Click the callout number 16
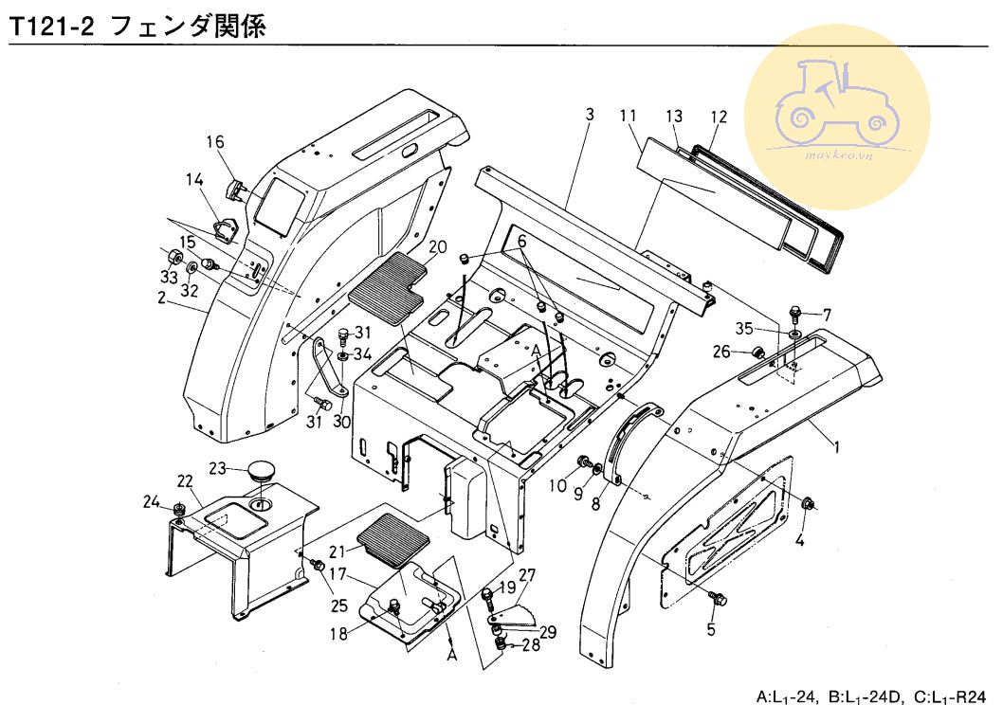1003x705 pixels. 215,142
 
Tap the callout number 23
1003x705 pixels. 217,467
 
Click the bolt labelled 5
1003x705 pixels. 718,598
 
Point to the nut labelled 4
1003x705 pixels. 809,502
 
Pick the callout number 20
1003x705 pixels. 437,247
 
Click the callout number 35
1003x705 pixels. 745,329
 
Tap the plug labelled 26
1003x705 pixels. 758,353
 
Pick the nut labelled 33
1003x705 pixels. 173,259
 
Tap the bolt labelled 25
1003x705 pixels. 318,567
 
